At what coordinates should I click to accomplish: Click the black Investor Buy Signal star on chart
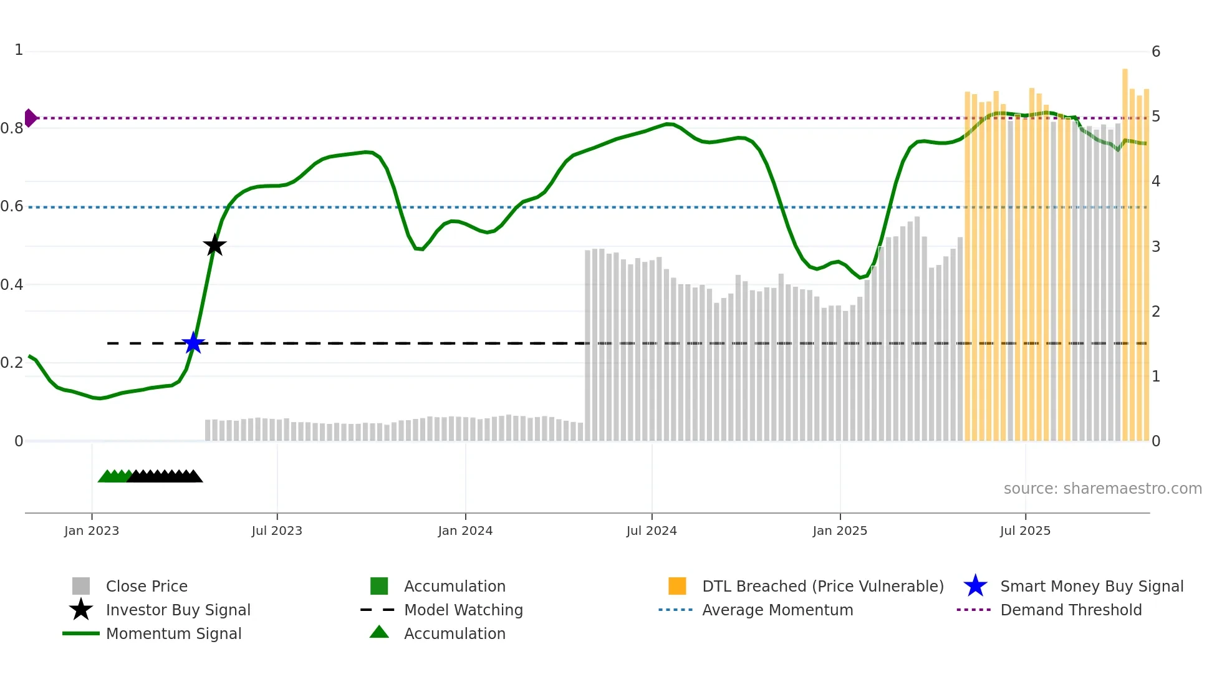[x=214, y=246]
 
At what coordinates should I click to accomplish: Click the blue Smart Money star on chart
[x=193, y=343]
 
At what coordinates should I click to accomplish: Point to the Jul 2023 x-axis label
[x=277, y=531]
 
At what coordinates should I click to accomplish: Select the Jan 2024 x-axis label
[x=465, y=531]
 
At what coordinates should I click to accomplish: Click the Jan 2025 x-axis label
[x=840, y=531]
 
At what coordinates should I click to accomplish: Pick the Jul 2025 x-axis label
[x=1025, y=531]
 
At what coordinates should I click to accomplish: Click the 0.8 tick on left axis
[x=12, y=128]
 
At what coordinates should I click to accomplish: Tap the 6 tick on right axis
[x=1156, y=52]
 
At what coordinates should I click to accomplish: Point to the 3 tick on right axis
[x=1156, y=247]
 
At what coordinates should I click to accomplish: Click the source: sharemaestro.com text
[x=1102, y=489]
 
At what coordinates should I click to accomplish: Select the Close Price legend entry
[x=147, y=586]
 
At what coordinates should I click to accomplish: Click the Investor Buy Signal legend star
[x=81, y=610]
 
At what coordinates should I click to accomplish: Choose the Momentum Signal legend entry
[x=173, y=633]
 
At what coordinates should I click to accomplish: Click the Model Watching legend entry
[x=463, y=610]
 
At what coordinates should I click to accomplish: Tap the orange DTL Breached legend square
[x=677, y=586]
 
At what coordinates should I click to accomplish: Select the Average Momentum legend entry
[x=777, y=610]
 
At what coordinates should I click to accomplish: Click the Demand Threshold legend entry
[x=1070, y=610]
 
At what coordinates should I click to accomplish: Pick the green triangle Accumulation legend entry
[x=379, y=633]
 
